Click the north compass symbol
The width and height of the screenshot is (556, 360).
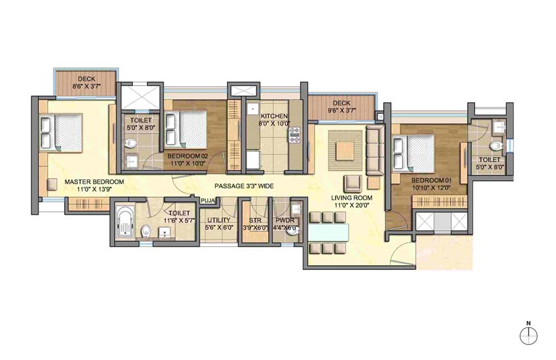click(529, 336)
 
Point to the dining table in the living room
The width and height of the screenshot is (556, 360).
click(326, 232)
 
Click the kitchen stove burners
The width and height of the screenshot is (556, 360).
click(294, 135)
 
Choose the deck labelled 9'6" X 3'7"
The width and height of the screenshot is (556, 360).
click(342, 107)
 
